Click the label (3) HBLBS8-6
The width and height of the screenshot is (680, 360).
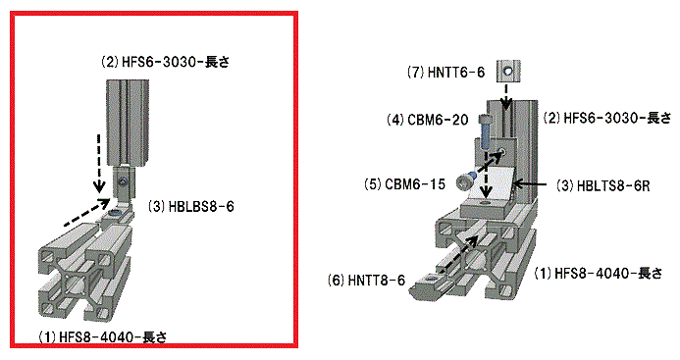click(x=191, y=206)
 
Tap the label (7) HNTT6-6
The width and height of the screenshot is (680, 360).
click(x=445, y=72)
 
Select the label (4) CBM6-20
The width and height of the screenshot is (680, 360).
click(x=428, y=120)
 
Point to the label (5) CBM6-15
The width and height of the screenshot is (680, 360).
click(x=404, y=184)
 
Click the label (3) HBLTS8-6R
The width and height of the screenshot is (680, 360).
click(x=603, y=186)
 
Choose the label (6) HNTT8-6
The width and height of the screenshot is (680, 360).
click(x=366, y=281)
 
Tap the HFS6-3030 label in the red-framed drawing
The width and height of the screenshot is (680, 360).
click(x=165, y=63)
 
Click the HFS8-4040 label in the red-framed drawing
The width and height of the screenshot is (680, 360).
click(x=103, y=337)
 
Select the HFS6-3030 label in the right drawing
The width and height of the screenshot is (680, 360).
click(x=607, y=118)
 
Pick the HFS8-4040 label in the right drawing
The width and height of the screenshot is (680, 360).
click(x=599, y=274)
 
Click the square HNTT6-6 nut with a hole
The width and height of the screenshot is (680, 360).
click(x=508, y=71)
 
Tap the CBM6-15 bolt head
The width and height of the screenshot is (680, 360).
click(x=465, y=181)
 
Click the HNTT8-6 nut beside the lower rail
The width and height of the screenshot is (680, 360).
click(x=432, y=285)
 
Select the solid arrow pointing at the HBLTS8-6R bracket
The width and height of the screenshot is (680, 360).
click(x=529, y=184)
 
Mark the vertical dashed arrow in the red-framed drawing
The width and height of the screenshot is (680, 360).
click(x=99, y=164)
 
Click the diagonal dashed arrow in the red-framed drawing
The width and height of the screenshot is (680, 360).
click(x=86, y=213)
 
